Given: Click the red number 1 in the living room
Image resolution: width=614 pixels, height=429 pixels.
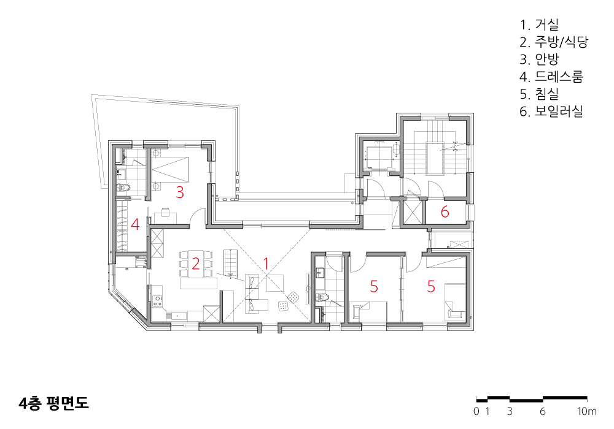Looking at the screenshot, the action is coord(266,264).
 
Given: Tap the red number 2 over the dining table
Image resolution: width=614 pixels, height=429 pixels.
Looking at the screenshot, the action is coord(196,264).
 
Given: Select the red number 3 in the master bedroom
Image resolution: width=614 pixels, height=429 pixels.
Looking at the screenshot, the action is coord(180,192).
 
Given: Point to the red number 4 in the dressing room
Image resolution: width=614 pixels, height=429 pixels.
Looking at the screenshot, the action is coord(135,225).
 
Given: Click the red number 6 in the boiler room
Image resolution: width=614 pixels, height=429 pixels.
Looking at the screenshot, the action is coord(445,212).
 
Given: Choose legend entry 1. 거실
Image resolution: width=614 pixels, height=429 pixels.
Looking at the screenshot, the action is coord(539,25).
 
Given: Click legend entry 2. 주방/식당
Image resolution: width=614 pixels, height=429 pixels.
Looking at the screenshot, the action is coord(554,42).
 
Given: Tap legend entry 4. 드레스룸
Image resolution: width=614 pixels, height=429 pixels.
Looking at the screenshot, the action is coord(551,77).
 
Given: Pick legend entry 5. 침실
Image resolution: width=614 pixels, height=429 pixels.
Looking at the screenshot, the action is coord(539,94).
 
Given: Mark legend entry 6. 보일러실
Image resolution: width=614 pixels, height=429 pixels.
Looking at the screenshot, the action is coord(551,112).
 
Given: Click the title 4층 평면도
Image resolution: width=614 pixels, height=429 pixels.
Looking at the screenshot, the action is coord(53,403).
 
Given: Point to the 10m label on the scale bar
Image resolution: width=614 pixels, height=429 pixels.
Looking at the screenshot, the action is coord(587,411).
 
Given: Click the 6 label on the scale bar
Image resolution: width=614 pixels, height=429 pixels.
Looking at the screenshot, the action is coord(543,411).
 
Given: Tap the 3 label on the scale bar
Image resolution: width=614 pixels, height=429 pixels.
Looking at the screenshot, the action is coord(510,411).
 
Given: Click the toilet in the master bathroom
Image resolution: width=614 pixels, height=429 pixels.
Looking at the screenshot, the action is coord(123,188).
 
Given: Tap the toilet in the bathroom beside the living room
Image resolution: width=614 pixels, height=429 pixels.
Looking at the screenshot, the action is coord(322,298).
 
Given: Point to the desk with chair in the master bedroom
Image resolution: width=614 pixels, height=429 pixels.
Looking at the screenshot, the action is coord(165,215).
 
